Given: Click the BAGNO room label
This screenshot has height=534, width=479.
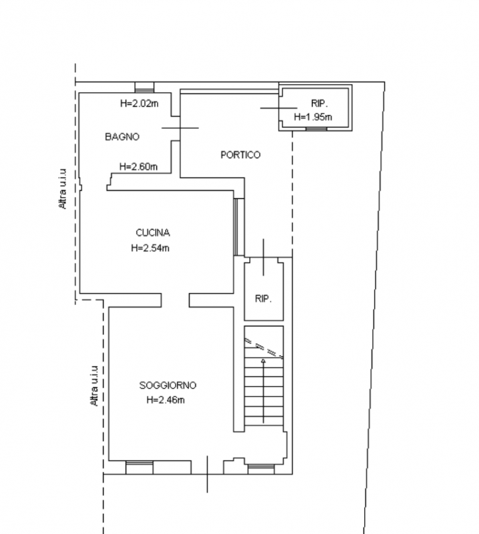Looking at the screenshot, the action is click(x=122, y=137).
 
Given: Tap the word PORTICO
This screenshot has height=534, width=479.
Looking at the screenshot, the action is click(x=241, y=155).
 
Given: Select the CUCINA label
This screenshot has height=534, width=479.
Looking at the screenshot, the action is click(x=153, y=233).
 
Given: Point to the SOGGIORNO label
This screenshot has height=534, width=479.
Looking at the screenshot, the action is click(x=168, y=385).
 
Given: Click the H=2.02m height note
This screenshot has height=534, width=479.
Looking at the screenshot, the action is click(x=140, y=103).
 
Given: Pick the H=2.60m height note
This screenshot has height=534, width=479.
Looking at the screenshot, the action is click(x=138, y=166).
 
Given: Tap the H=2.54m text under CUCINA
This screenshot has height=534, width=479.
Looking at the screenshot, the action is click(x=150, y=248).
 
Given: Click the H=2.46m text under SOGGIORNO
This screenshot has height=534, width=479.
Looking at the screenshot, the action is click(x=166, y=400).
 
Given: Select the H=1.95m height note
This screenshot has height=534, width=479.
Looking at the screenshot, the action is click(x=313, y=117).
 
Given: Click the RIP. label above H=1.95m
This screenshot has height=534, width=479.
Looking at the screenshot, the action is click(x=319, y=103).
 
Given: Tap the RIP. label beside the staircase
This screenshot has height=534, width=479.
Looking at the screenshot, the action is click(x=263, y=299).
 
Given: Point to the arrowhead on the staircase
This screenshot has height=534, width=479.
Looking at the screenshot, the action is click(x=263, y=360).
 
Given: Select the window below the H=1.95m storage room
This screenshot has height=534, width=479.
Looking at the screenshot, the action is click(x=317, y=129).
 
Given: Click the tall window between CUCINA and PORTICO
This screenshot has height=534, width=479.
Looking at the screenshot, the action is click(x=236, y=227).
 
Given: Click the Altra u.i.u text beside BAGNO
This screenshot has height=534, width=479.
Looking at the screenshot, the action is click(x=62, y=189).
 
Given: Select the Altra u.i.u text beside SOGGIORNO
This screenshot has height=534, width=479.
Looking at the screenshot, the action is click(x=94, y=386).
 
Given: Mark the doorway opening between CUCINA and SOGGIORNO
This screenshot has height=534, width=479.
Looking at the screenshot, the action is click(x=175, y=300).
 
